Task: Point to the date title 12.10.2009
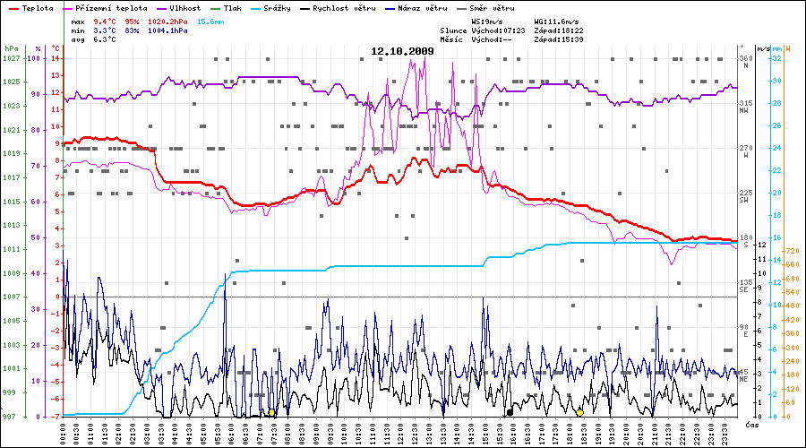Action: click(402, 51)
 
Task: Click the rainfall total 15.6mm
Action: click(211, 20)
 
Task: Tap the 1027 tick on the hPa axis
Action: click(11, 58)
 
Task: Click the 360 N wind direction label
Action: click(744, 62)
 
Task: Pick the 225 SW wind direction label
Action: click(744, 196)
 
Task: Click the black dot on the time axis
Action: click(510, 412)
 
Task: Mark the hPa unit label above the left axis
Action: click(11, 47)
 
